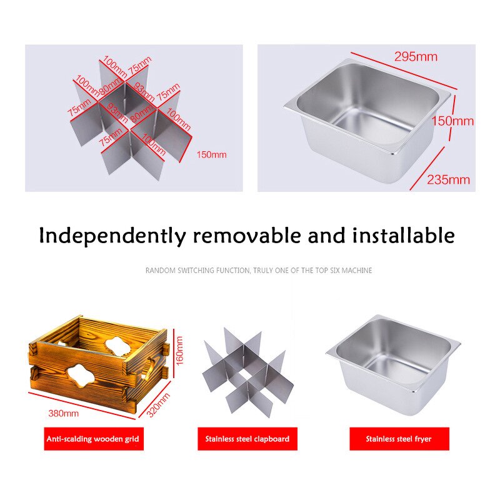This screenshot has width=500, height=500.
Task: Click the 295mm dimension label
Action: click(x=416, y=57)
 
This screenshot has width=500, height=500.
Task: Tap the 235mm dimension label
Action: click(x=448, y=180)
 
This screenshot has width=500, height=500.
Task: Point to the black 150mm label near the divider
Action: click(x=212, y=154)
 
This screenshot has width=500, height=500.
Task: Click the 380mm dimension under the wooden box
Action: click(x=64, y=413)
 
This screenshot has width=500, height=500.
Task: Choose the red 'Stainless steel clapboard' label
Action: click(x=247, y=439)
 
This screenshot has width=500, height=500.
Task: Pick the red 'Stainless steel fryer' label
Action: click(x=399, y=439)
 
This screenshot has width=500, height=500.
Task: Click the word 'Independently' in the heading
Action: click(x=112, y=236)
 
